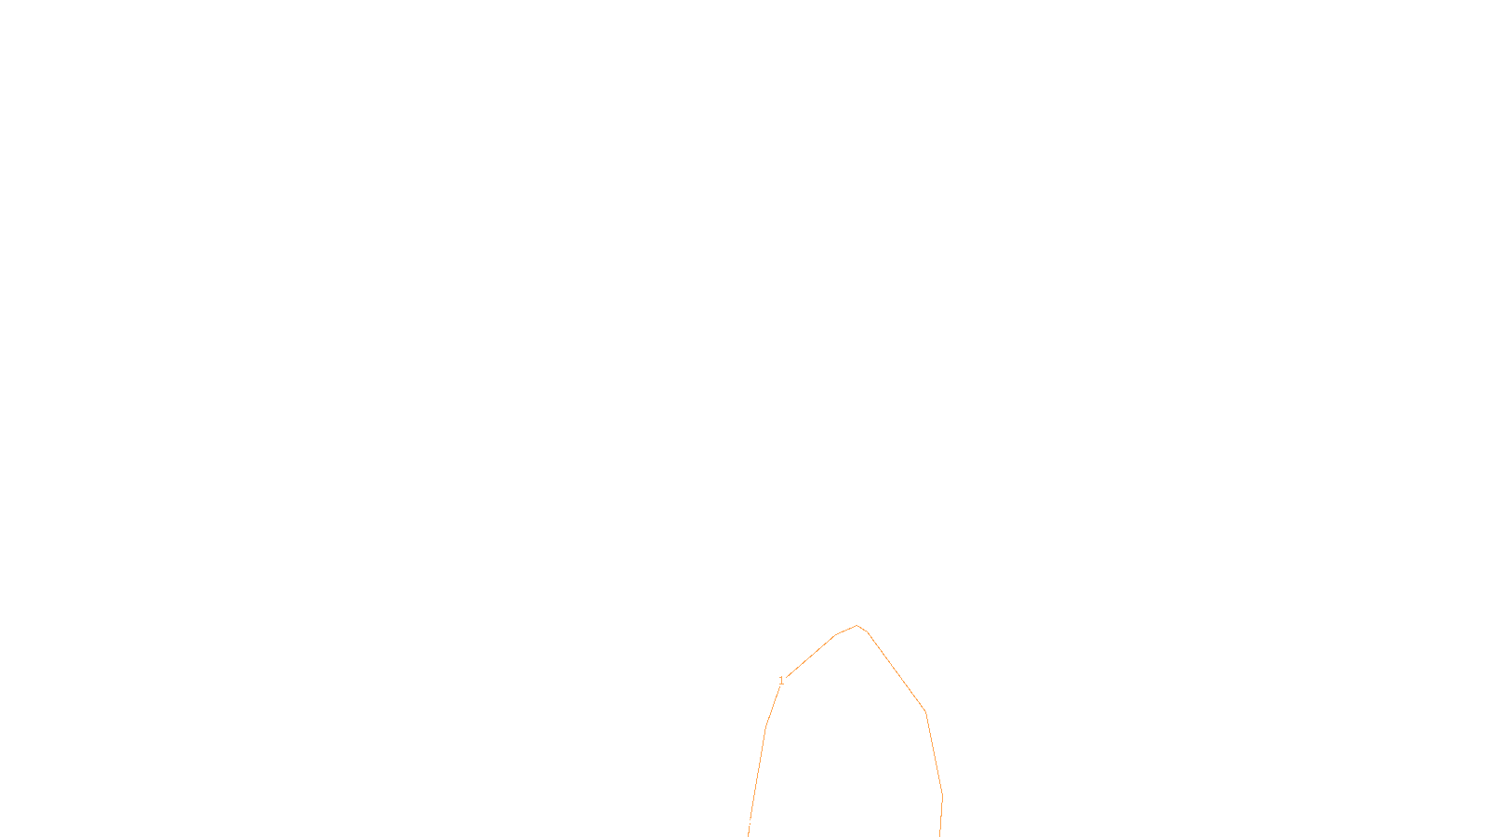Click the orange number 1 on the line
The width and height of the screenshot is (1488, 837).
[781, 681]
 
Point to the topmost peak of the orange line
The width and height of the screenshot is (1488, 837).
[857, 626]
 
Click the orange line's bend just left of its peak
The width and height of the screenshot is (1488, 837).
[835, 635]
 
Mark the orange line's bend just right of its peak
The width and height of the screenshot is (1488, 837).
[867, 632]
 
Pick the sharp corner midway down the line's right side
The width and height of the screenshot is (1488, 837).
[925, 712]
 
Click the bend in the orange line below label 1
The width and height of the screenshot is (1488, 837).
[765, 727]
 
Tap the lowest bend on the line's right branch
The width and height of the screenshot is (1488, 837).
[942, 795]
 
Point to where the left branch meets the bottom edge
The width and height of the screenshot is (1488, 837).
[749, 835]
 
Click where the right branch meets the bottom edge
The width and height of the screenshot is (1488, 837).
[939, 835]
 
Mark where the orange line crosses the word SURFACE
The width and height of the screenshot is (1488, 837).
[751, 822]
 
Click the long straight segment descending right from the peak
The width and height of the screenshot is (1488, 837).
[897, 672]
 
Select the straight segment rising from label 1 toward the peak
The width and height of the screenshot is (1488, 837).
[811, 656]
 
